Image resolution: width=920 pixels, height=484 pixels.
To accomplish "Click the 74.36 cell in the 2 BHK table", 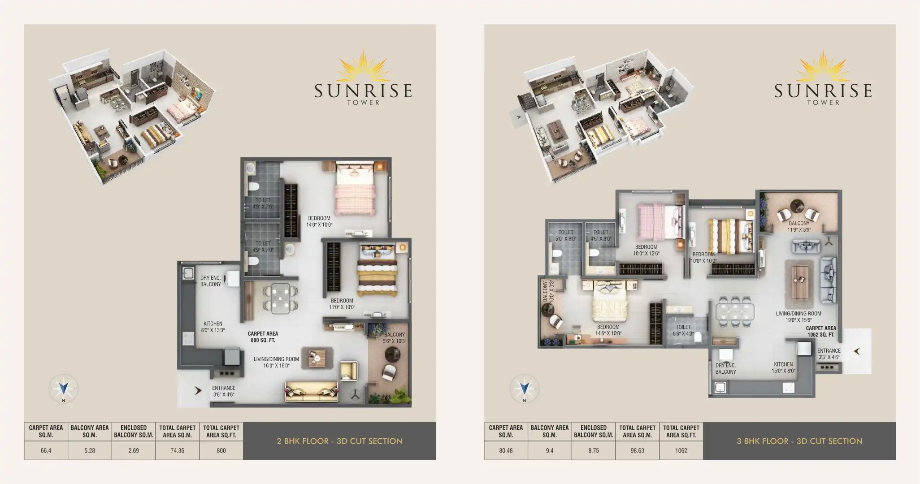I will pos(177,450).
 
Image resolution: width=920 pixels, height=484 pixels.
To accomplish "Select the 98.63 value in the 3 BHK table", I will pos(637,450).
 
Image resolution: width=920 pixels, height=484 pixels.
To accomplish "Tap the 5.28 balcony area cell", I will pos(90,450).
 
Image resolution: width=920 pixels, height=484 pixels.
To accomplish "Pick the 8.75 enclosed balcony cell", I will pos(593,450).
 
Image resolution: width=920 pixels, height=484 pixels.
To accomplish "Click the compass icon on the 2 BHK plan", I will pos(63,388).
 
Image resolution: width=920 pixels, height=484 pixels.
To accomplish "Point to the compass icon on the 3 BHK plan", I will pos(524,388).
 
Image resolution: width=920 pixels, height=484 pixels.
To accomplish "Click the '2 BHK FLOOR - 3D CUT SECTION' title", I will pos(339,441).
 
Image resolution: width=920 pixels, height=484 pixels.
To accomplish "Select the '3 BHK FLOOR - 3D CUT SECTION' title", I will pos(799,441).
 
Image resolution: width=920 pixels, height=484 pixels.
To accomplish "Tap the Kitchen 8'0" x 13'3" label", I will pos(213,327).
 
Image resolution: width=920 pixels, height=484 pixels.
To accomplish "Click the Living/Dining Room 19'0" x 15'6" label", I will pos(798,317).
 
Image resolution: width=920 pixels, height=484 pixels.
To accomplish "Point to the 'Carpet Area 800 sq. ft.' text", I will pos(263,337).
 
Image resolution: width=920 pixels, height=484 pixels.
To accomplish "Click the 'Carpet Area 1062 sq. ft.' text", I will pos(821,331).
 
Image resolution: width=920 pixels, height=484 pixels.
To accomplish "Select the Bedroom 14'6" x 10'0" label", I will pos(608,330).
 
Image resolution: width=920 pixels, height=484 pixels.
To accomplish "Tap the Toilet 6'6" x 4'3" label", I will pos(683,330).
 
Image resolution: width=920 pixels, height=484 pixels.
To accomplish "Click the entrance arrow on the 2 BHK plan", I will pos(198,391).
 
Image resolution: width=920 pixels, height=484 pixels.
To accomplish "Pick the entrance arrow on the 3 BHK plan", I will pos(857,351).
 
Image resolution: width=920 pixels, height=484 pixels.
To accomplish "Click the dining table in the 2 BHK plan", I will pos(281,298).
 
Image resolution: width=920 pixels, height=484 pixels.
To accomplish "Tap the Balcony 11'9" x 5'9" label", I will pos(799,226).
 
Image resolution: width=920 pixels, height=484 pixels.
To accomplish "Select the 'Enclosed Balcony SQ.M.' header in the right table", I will pos(593,431).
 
